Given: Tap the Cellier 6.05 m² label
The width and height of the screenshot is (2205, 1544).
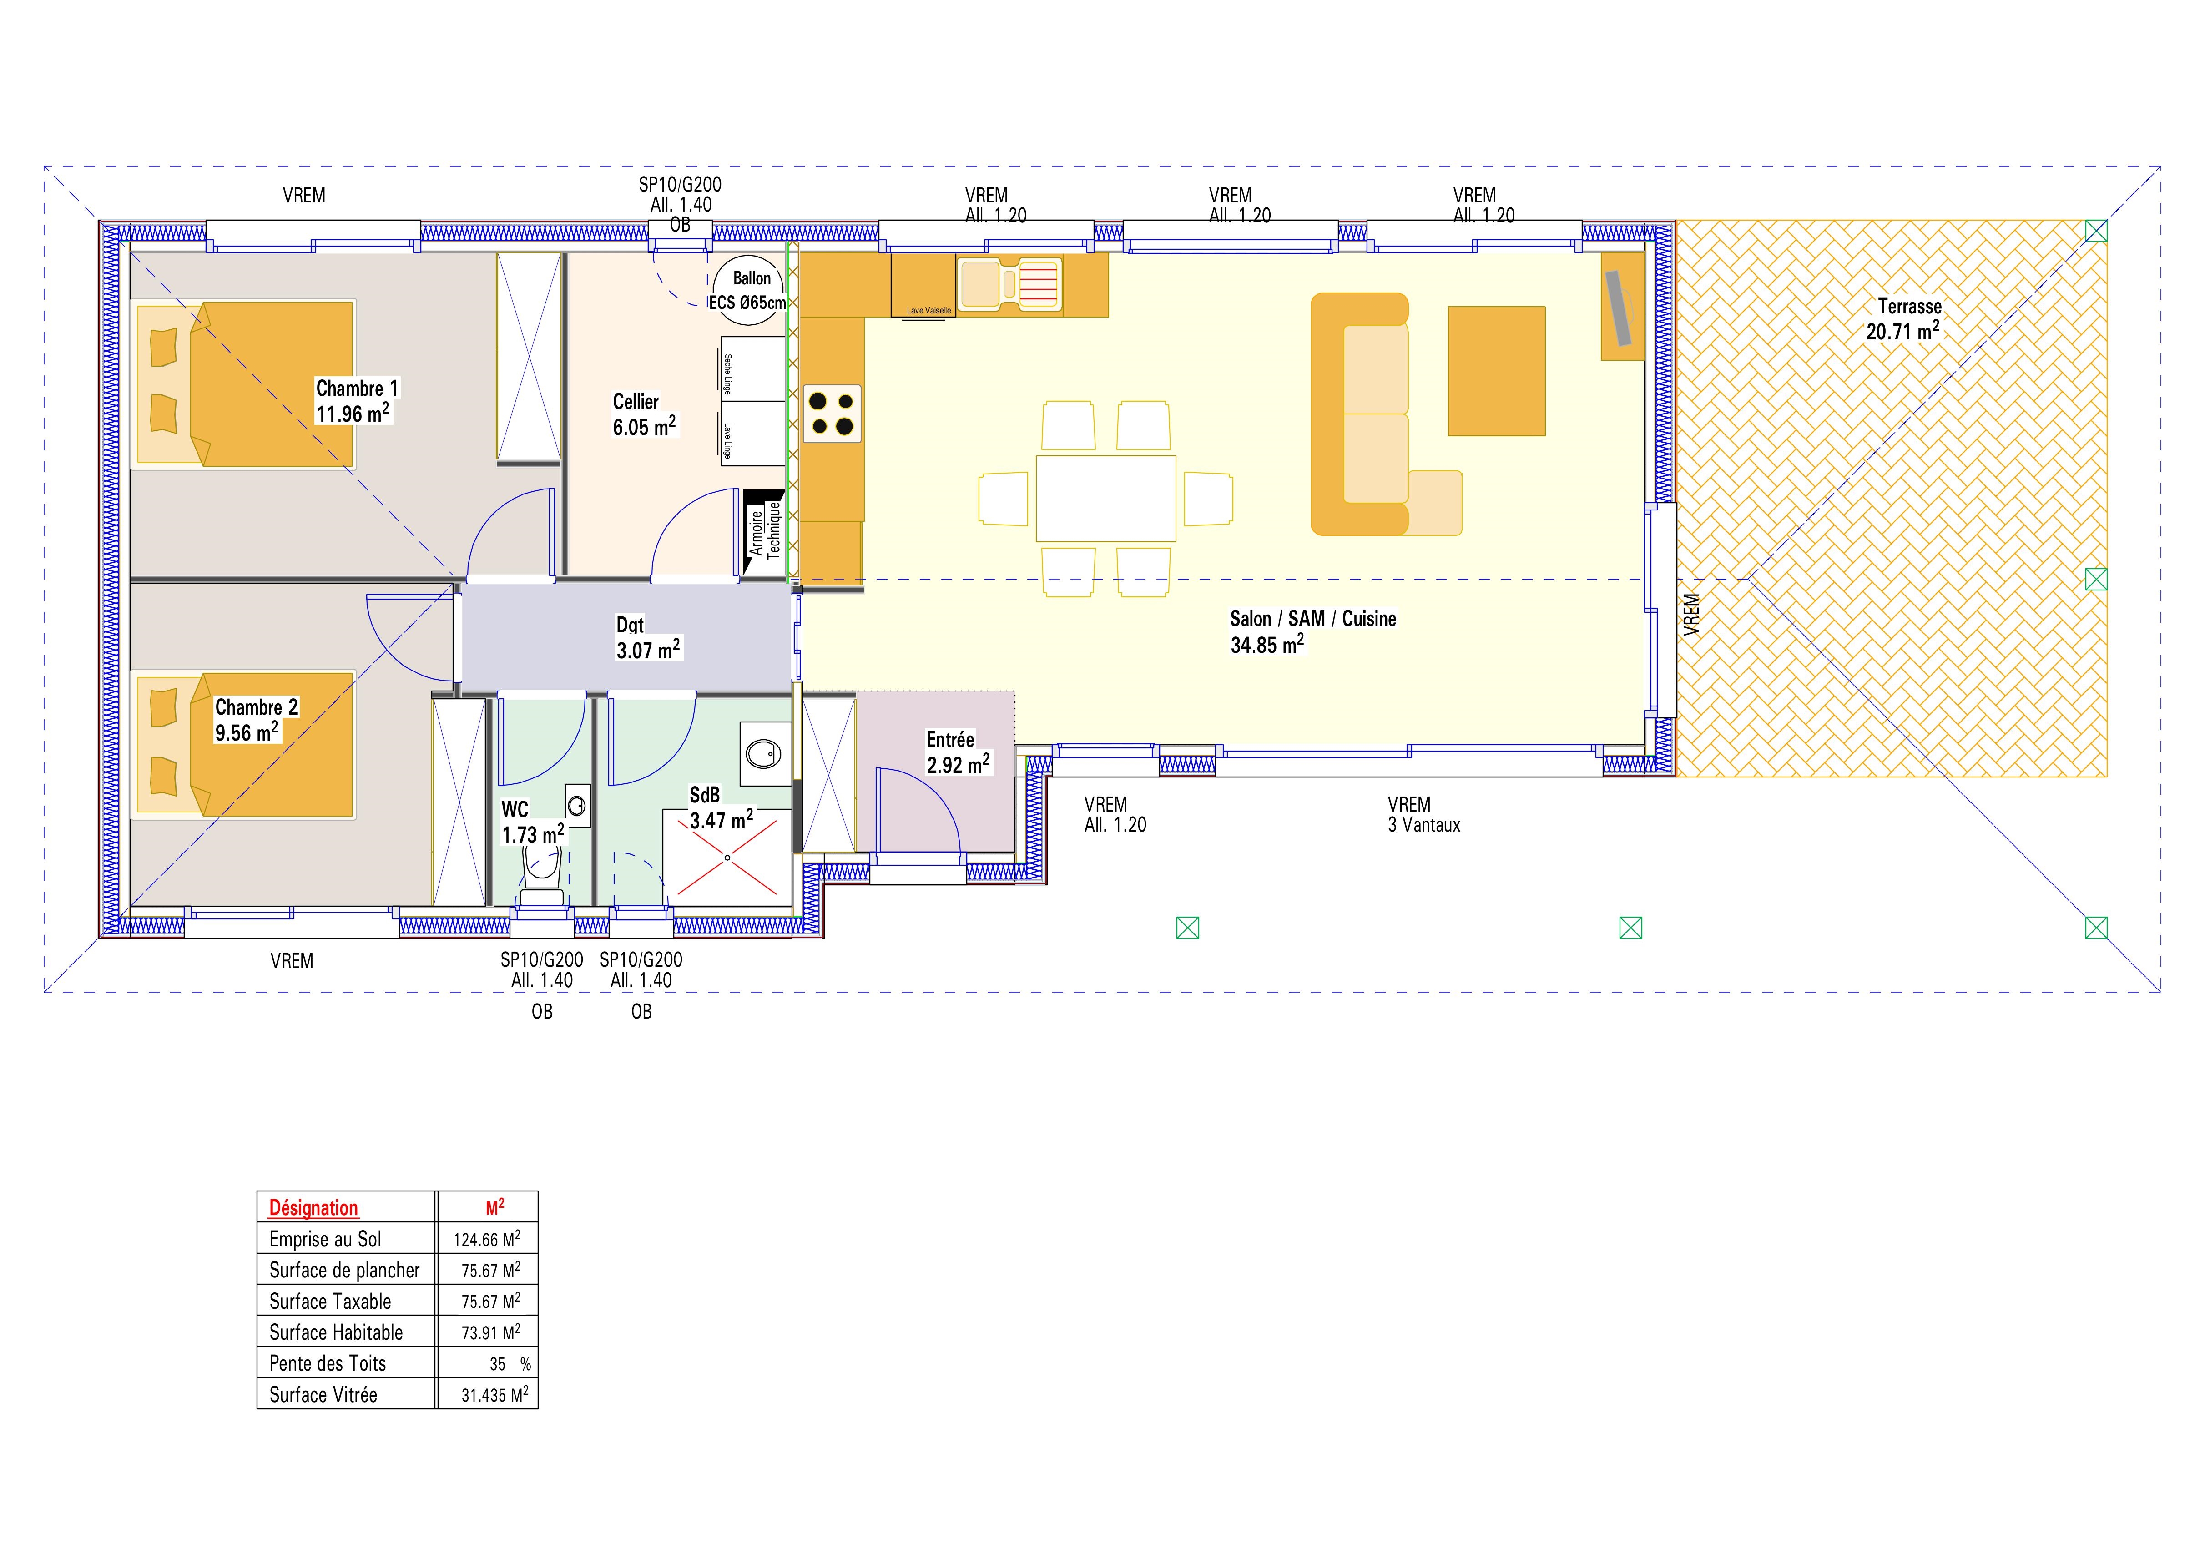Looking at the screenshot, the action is coord(645,414).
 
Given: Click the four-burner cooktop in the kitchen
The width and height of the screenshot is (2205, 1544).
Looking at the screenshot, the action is coord(832,413).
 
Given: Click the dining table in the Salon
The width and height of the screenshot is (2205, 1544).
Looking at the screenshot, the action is coord(1105,498).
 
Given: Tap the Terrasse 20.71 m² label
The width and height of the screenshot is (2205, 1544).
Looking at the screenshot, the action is coord(1902,319).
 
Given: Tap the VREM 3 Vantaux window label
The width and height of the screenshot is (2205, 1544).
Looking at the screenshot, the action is coord(1423,814).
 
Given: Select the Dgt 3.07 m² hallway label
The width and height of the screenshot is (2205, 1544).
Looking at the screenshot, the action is coord(648,638).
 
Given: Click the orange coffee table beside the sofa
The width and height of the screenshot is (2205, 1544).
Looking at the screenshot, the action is coord(1496,371).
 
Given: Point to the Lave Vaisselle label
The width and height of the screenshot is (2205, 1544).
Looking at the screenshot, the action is coord(928,310).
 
